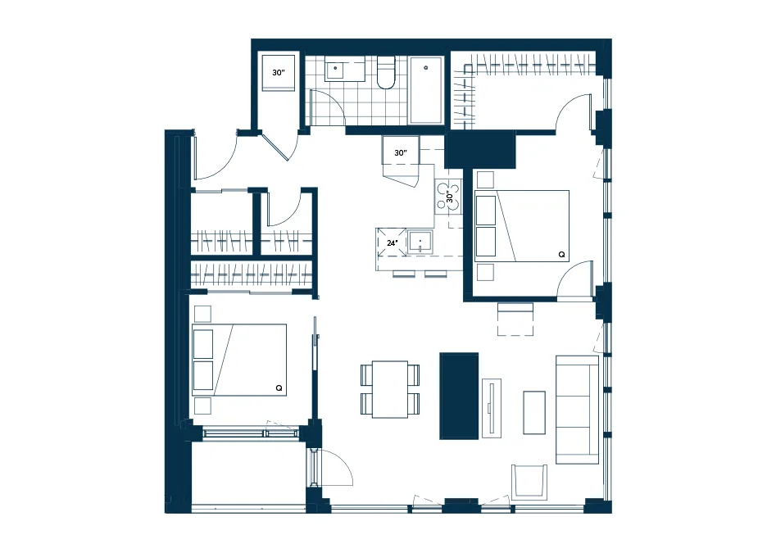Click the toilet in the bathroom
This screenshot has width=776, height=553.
(386, 72)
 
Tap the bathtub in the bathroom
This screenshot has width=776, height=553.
(425, 89)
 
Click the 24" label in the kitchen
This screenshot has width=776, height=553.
(393, 243)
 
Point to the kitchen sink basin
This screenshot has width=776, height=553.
(420, 242)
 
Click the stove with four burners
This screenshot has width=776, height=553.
(448, 197)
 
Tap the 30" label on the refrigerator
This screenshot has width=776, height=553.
(401, 153)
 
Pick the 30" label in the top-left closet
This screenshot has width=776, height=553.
(279, 73)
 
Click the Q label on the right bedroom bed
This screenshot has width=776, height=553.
(561, 254)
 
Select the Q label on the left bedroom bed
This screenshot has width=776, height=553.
(279, 388)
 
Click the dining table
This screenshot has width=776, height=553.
(390, 389)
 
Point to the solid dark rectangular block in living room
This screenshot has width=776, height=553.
(459, 396)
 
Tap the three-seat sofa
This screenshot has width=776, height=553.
(578, 410)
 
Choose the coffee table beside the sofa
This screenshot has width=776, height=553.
(534, 413)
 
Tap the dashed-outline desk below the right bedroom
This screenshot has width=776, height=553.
(515, 319)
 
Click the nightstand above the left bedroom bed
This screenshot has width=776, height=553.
(203, 314)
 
